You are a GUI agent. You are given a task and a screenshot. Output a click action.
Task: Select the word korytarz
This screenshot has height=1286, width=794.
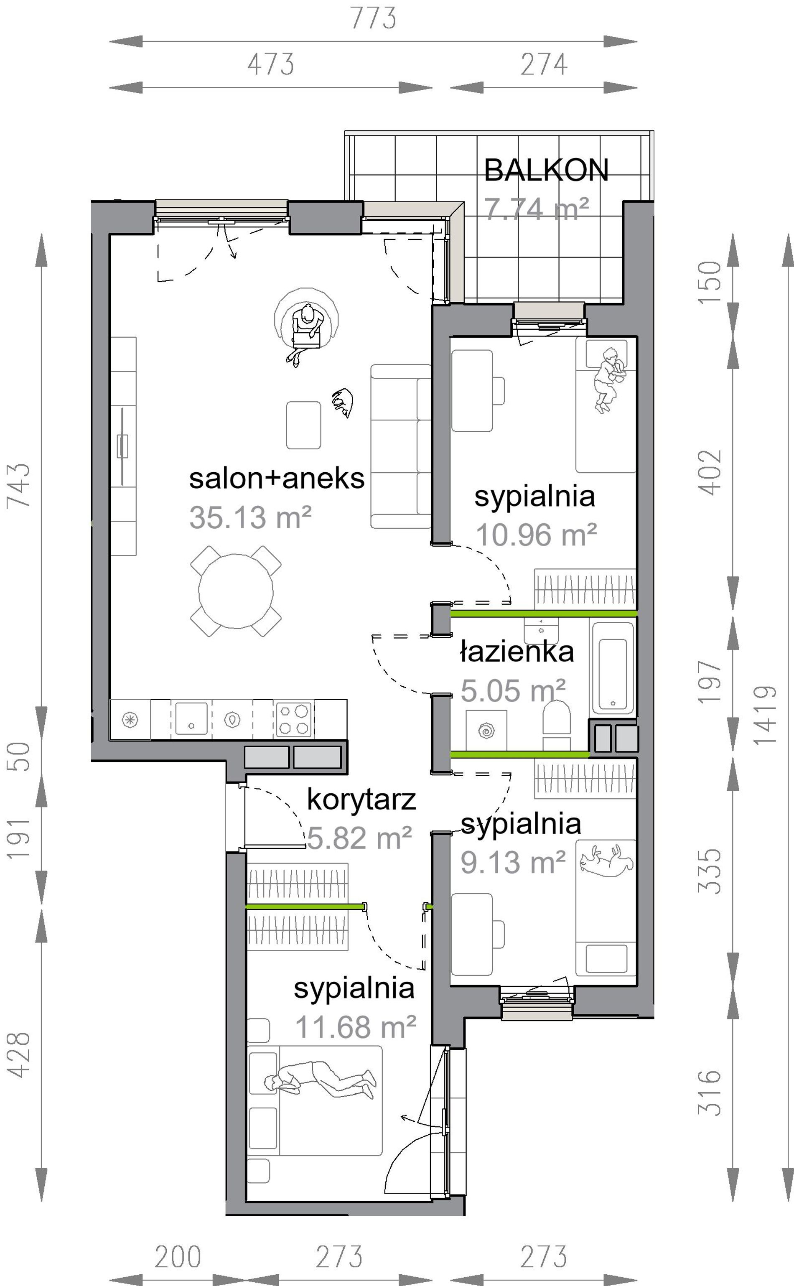coord(361,800)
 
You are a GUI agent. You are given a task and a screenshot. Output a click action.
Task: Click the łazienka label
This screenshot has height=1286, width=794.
coord(517,652)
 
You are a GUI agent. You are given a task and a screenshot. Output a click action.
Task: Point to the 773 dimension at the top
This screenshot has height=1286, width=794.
coord(373,18)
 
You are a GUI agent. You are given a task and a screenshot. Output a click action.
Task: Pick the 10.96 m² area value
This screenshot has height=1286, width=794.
coord(536,535)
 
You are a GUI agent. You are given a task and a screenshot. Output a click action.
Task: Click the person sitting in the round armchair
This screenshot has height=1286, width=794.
coord(305,334)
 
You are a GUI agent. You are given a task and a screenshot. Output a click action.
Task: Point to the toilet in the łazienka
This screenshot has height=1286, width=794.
coord(557,723)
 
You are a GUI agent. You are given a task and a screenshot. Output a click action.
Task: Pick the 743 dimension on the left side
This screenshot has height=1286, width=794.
coord(18,485)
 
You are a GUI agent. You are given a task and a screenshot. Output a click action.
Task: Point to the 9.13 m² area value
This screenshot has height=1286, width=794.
coord(513,862)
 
